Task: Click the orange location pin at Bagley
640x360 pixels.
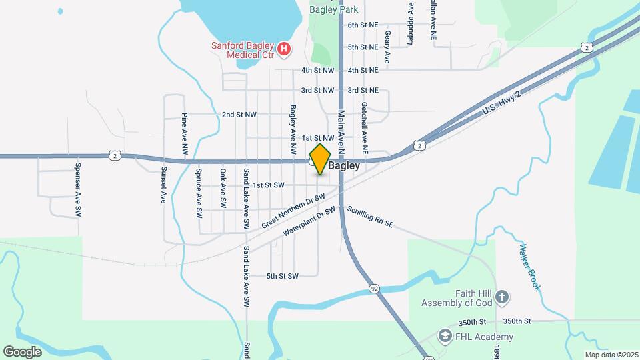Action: tap(320, 159)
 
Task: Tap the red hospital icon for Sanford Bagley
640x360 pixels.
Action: tap(285, 49)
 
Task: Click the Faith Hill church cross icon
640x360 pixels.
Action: tap(502, 296)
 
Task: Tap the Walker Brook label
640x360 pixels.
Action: tap(530, 267)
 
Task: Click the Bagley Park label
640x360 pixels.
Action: tap(335, 9)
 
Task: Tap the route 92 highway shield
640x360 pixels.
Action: tap(375, 288)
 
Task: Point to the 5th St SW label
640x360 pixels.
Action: tap(282, 276)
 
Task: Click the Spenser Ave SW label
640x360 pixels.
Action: tap(78, 191)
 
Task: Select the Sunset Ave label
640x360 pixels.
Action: tap(163, 185)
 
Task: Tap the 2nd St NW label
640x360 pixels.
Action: tap(239, 115)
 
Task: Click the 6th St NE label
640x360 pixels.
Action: tap(363, 25)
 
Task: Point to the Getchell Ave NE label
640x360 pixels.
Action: tap(364, 125)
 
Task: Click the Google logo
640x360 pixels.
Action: tap(22, 351)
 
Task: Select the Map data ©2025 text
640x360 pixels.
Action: tap(611, 355)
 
